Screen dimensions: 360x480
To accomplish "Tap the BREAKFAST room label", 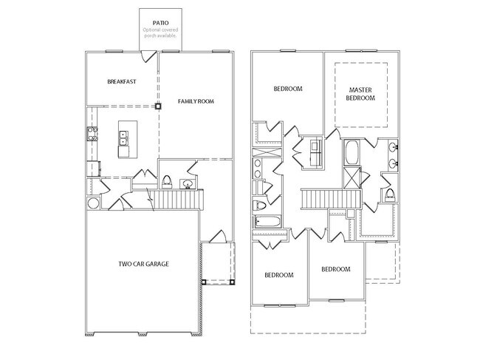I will [121, 81].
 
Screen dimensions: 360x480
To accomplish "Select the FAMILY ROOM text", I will [196, 101].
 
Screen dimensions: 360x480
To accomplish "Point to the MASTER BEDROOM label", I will [363, 94].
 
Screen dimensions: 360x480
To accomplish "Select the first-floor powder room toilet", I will [168, 182].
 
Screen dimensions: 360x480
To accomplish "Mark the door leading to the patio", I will [149, 56].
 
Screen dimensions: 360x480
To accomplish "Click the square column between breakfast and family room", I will [158, 106].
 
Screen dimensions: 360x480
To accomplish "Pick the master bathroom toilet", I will [389, 194].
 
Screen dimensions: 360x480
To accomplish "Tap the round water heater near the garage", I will [93, 203].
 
